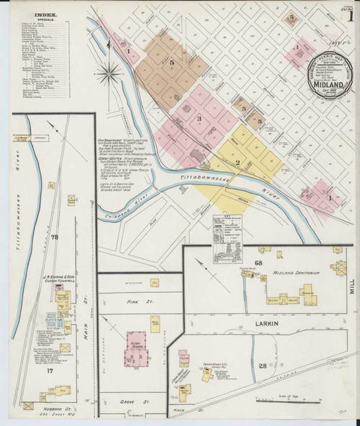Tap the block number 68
258,263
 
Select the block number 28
264,366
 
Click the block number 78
55,236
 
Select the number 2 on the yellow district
238,162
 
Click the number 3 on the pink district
198,117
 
